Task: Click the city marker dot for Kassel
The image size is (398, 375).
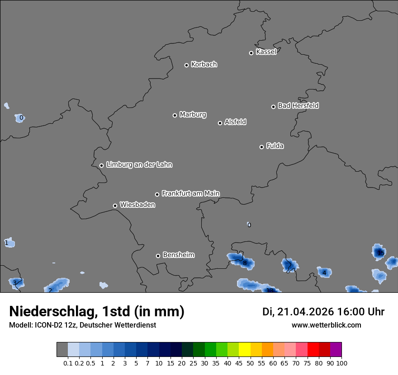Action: [x=251, y=53]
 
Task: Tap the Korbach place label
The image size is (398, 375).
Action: [x=204, y=64]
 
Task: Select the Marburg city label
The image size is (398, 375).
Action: [x=193, y=114]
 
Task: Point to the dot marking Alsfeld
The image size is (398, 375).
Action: [x=220, y=123]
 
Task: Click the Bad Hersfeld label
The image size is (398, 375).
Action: [x=298, y=106]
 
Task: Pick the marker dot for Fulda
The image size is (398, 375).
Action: [x=261, y=147]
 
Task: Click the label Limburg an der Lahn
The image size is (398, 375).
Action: [x=139, y=164]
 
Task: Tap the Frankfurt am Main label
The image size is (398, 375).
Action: [x=190, y=193]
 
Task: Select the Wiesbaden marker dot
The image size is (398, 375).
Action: [x=115, y=206]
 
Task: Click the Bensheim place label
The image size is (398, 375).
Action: [x=178, y=255]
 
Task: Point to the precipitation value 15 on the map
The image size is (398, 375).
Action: [x=381, y=253]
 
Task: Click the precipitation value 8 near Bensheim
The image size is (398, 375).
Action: [x=245, y=263]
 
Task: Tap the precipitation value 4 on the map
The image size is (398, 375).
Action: [x=324, y=273]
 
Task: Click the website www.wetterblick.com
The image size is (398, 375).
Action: [x=327, y=325]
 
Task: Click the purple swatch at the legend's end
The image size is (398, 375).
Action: [x=336, y=349]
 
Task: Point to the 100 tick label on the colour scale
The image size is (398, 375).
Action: [x=341, y=363]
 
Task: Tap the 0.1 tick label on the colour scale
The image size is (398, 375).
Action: [x=68, y=363]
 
